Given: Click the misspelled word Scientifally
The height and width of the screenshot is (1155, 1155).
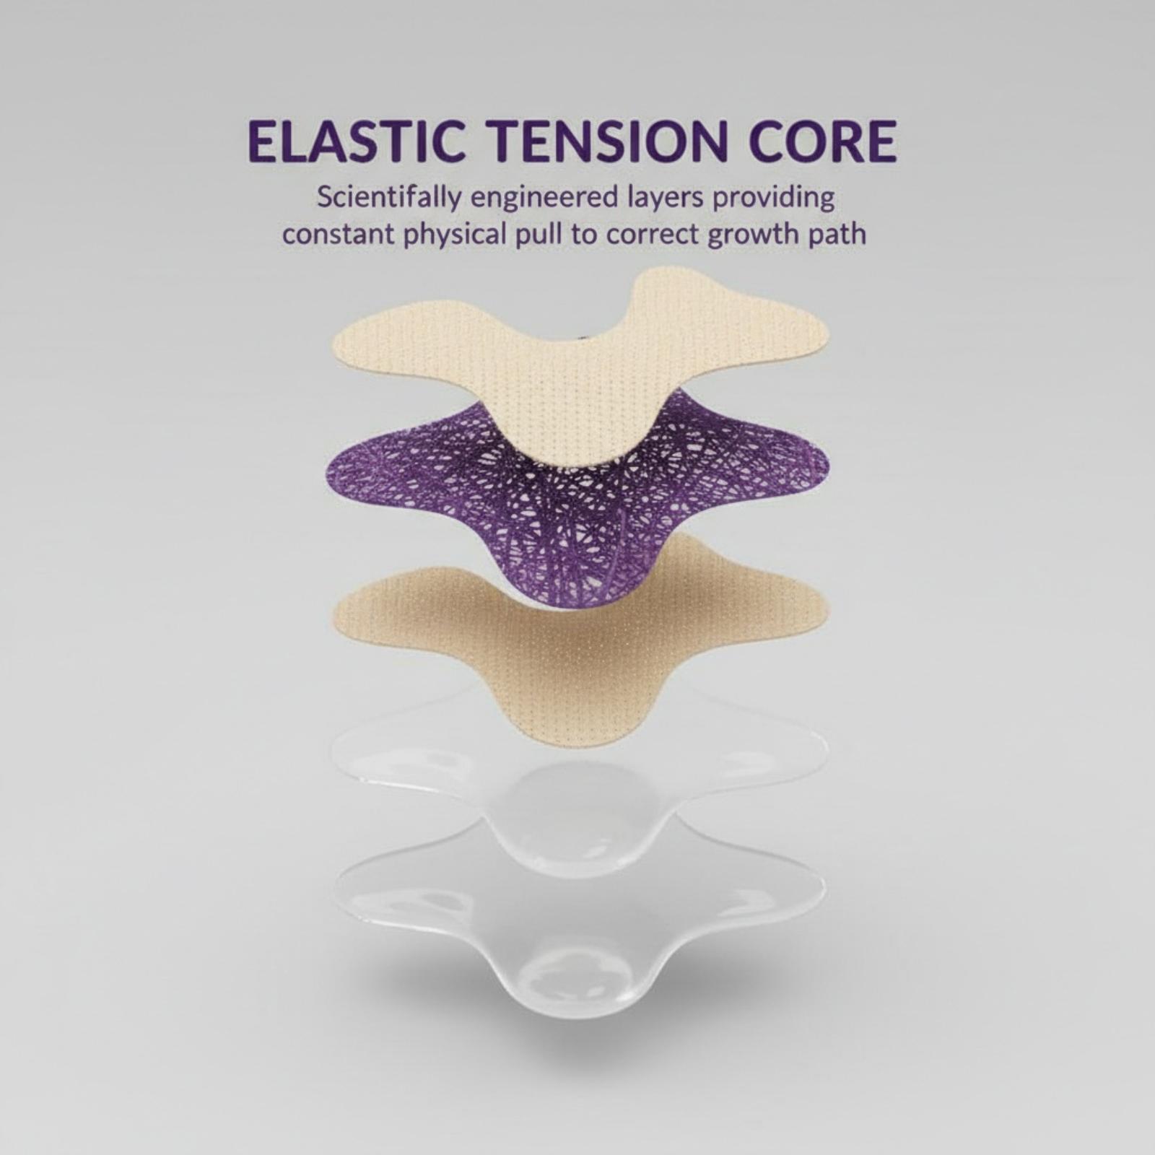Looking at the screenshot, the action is point(388,199).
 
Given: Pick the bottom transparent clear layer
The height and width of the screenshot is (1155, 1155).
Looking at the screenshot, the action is point(577,931).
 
